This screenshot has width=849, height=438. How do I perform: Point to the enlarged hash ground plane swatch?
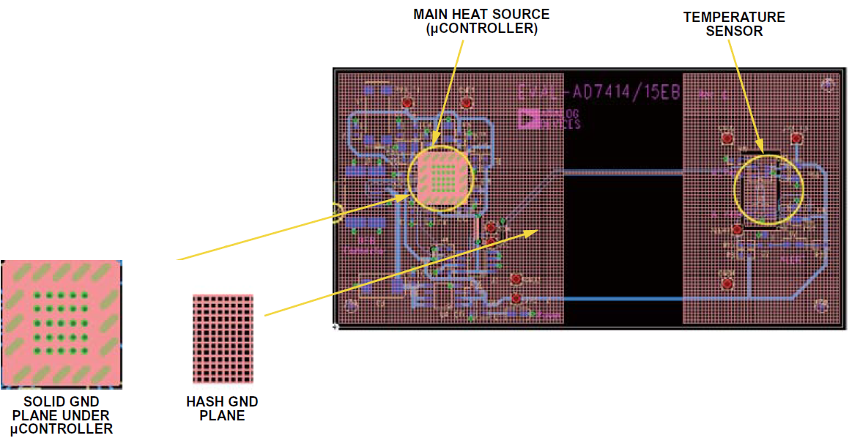pyautogui.click(x=223, y=338)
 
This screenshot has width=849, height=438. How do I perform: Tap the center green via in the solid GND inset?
pyautogui.click(x=62, y=323)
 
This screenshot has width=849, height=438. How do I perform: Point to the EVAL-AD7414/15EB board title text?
pyautogui.click(x=598, y=93)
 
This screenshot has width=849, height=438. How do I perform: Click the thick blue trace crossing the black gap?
pyautogui.click(x=623, y=299)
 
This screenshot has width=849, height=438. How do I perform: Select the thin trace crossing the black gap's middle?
pyautogui.click(x=623, y=171)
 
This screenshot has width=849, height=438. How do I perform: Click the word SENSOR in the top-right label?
pyautogui.click(x=735, y=31)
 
